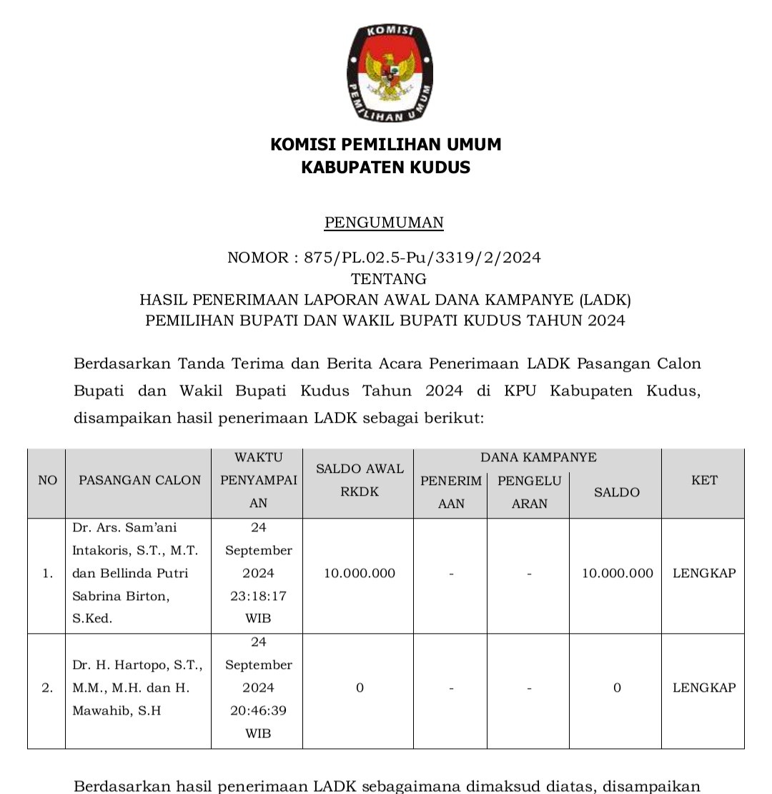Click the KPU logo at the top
[390, 73]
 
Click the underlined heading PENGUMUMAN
[384, 222]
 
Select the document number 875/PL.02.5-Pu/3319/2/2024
[422, 258]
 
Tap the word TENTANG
[388, 278]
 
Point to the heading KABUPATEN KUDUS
[385, 167]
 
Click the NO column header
[47, 480]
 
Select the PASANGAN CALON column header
[140, 480]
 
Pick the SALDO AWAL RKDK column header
[360, 480]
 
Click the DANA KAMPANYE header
[538, 457]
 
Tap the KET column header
[704, 480]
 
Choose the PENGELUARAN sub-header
[529, 491]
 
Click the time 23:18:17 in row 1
[258, 596]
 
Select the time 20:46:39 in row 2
[258, 710]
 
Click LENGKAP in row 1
[704, 573]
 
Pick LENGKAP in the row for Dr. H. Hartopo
[704, 687]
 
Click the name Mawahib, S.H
[116, 710]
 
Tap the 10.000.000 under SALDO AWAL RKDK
[360, 573]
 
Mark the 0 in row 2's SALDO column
[617, 687]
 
